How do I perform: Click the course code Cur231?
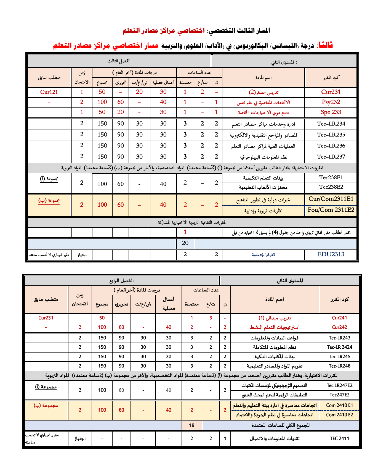331,92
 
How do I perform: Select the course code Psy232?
331,102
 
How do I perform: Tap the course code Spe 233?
331,112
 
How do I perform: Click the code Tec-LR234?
331,124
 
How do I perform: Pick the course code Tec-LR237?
331,157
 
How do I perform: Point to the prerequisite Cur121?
49,92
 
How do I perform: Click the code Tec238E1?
331,177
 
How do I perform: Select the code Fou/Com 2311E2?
331,210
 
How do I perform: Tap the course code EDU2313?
331,254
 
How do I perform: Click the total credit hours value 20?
185,243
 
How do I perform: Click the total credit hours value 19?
192,425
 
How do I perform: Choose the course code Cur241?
339,318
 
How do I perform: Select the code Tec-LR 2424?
339,347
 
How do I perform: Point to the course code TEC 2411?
339,438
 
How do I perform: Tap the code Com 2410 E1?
339,405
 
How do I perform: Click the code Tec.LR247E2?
339,385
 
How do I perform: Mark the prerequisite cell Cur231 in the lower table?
46,318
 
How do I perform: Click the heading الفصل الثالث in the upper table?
119,61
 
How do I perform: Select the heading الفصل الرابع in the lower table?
121,281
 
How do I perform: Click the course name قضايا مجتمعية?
263,255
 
